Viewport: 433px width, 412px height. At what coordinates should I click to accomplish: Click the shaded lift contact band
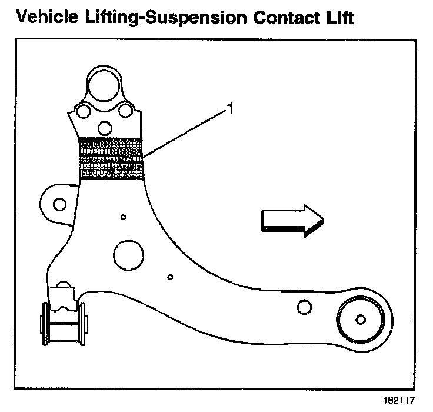point(111,158)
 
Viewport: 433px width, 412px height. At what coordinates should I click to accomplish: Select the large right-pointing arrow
point(291,221)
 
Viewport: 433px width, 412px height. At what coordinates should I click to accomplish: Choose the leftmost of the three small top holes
point(84,111)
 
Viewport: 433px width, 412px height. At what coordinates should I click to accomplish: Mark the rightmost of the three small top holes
point(125,111)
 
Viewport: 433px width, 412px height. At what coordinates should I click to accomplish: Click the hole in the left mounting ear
point(59,204)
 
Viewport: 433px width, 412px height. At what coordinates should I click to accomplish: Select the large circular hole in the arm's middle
point(128,255)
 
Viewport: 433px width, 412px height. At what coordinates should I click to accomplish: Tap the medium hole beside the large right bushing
point(304,307)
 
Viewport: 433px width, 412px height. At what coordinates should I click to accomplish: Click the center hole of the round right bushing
point(360,320)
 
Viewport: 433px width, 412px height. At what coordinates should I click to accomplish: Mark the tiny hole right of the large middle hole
point(169,277)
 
